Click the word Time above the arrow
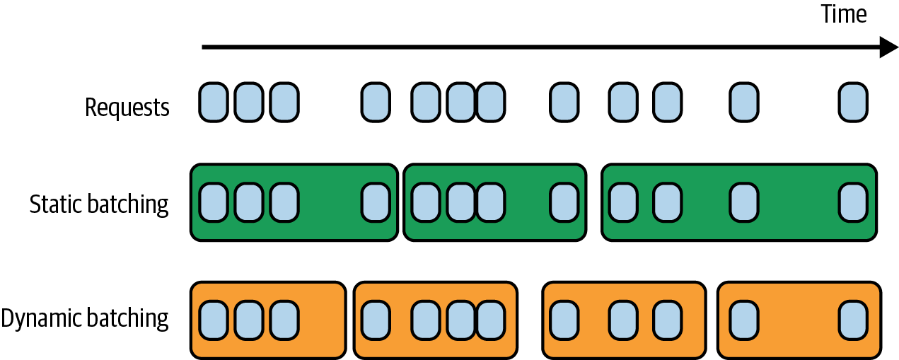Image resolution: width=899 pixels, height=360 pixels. click(843, 15)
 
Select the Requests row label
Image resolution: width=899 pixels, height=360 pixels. click(127, 108)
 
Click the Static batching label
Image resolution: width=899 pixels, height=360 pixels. click(99, 204)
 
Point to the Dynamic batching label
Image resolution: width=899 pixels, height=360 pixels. click(85, 318)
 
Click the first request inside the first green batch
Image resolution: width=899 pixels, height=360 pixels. click(213, 202)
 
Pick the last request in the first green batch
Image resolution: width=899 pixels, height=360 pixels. click(376, 202)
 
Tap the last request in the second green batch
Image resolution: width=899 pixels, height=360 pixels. click(564, 202)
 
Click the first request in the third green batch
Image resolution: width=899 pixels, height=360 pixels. click(623, 202)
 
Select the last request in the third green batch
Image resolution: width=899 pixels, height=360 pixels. click(853, 202)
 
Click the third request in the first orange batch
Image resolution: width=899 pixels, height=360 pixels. click(284, 319)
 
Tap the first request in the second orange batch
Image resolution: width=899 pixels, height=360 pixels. click(376, 319)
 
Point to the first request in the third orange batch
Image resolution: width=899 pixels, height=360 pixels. click(564, 319)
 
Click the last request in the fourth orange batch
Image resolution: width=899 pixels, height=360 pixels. click(853, 319)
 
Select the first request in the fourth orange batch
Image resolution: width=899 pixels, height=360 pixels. click(743, 319)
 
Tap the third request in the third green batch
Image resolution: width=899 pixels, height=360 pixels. click(743, 202)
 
